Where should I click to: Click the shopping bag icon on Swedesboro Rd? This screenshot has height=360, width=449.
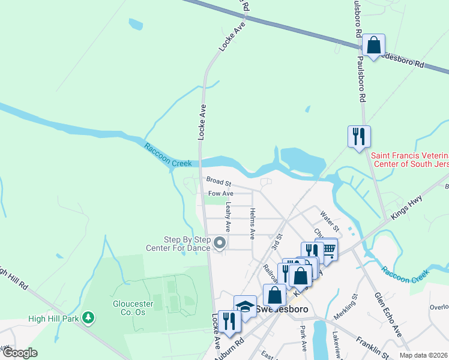373,45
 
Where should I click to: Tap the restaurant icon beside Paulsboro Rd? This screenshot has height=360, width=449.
359,136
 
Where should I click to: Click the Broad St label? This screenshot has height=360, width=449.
218,180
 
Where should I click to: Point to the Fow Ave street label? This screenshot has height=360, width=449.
220,194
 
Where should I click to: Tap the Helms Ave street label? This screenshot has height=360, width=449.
253,223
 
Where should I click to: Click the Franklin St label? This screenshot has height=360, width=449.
371,349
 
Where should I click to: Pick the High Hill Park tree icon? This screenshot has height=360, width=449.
88,316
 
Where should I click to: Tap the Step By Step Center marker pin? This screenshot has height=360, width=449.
220,243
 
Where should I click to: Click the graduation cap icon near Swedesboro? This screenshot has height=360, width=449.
245,306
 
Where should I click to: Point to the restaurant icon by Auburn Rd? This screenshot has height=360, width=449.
229,320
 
